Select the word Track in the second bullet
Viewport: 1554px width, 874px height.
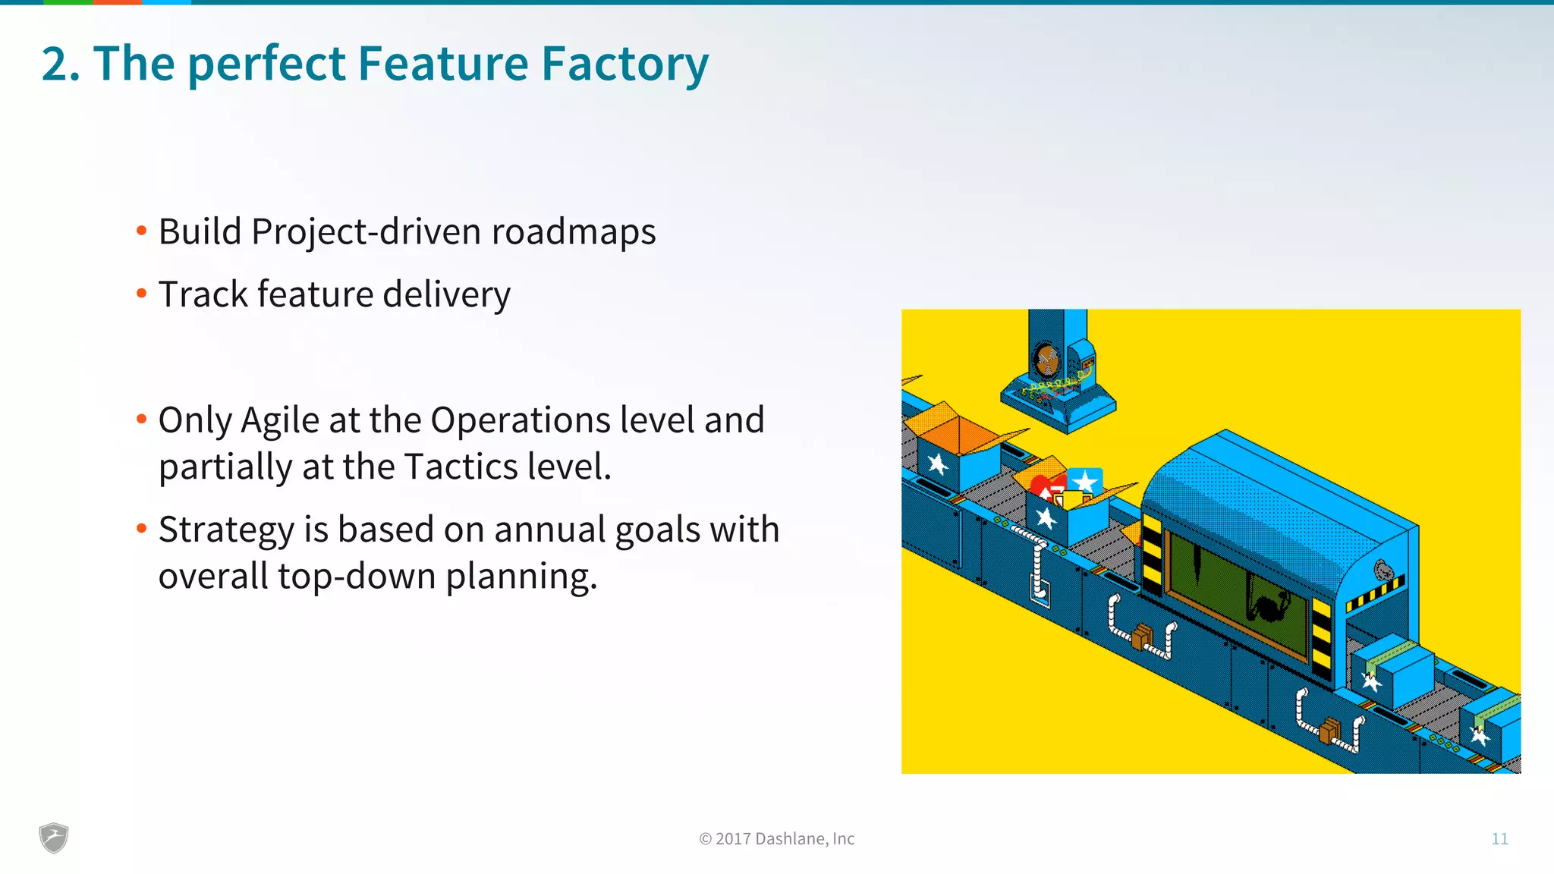pos(203,294)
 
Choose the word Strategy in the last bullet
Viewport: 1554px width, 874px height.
pos(225,530)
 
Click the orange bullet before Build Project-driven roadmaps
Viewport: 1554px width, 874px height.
pos(141,231)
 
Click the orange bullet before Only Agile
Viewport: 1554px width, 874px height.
pos(141,419)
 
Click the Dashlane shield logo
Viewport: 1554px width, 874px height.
pos(54,838)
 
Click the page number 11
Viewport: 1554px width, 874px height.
pos(1499,838)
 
